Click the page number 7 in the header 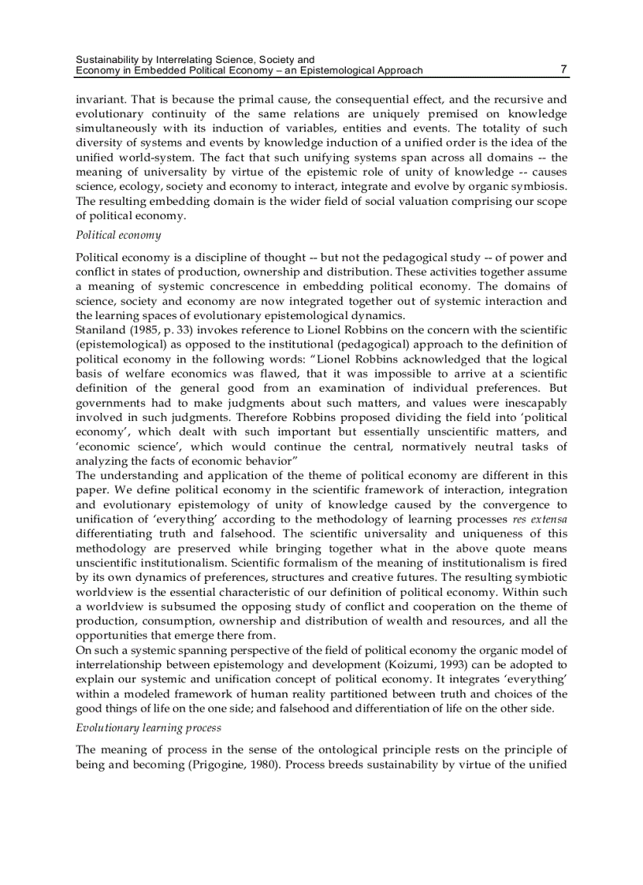pyautogui.click(x=563, y=69)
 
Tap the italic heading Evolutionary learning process pyautogui.click(x=148, y=727)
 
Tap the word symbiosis pyautogui.click(x=540, y=186)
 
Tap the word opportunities pyautogui.click(x=115, y=635)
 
